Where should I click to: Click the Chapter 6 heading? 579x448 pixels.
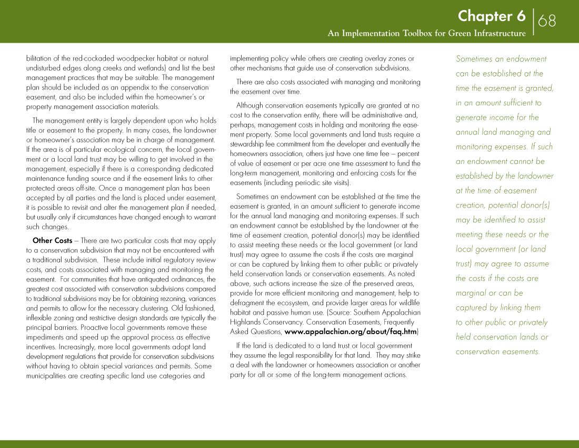click(491, 16)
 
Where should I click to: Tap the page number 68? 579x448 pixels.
click(547, 21)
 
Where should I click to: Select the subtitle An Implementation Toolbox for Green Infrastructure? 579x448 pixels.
click(426, 34)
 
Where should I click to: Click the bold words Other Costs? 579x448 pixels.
click(52, 241)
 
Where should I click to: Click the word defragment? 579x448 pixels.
click(247, 303)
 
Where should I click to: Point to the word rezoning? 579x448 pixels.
click(171, 299)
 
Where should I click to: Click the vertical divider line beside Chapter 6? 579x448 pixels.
click(533, 21)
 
